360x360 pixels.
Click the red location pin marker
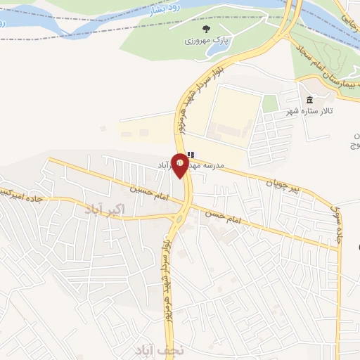pos(180,165)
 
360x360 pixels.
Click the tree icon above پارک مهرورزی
pos(206,29)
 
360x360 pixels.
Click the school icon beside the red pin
pos(191,155)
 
